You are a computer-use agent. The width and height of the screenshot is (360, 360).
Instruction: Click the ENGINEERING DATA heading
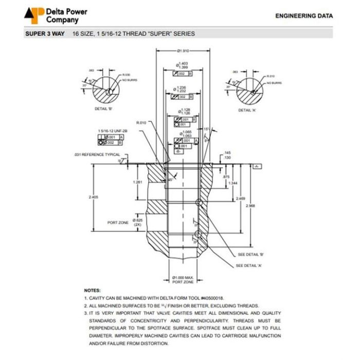tap(304, 16)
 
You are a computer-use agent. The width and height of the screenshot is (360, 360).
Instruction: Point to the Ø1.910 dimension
tap(183, 51)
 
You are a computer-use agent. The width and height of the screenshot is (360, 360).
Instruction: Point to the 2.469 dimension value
tap(240, 198)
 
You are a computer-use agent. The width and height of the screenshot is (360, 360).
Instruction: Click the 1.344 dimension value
tap(232, 184)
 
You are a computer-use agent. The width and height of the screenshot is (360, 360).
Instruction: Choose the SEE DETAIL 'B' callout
tap(251, 255)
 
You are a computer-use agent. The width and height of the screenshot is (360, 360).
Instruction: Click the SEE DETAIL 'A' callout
tap(249, 265)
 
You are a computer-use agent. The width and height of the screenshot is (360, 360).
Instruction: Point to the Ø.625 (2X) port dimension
tap(137, 222)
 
